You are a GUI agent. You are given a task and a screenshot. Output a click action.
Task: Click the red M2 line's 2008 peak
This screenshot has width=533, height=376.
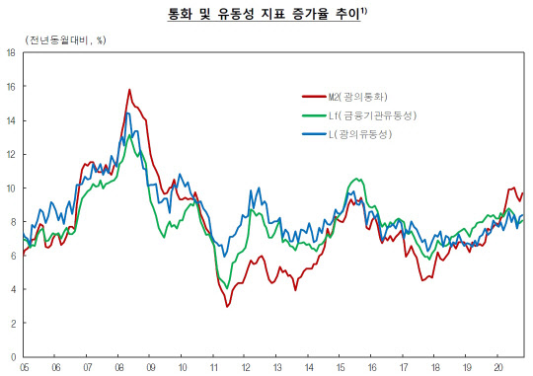point(129,90)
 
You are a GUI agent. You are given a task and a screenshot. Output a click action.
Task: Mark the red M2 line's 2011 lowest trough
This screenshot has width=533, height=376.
point(227,306)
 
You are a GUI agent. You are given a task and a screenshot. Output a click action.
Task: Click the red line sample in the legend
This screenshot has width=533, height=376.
point(313,97)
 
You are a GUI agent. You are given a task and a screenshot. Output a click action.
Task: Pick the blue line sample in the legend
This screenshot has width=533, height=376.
point(313,134)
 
